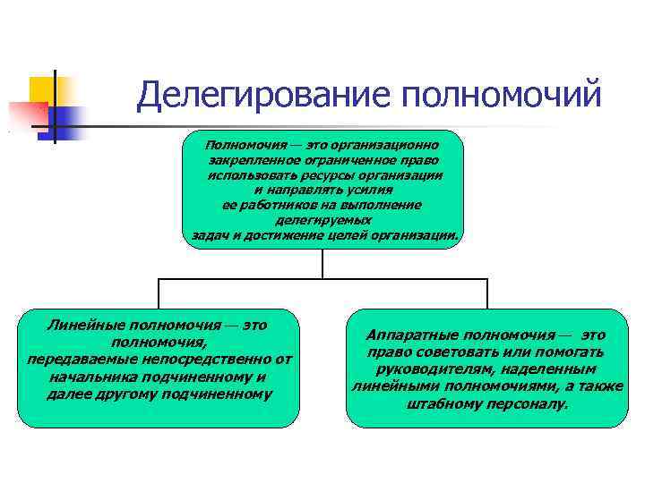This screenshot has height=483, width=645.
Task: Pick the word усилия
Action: point(367,190)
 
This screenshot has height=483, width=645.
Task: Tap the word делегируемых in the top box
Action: point(324,219)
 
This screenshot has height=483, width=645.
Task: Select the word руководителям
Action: point(431,369)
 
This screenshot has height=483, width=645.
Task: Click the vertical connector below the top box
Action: point(322,263)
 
